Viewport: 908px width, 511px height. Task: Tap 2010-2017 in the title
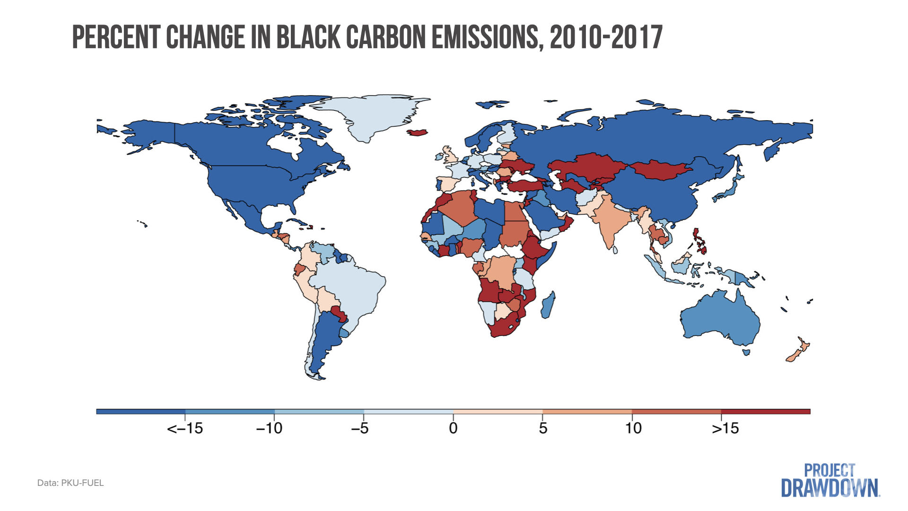tap(606, 37)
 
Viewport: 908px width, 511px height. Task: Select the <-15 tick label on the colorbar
tap(185, 429)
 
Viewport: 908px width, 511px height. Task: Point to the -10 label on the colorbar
tap(269, 429)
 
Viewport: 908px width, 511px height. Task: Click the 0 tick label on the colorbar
tap(453, 429)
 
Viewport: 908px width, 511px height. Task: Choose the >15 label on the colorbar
tap(725, 429)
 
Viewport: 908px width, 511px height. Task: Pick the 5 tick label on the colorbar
tap(543, 429)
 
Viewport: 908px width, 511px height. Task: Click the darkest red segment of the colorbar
tap(766, 412)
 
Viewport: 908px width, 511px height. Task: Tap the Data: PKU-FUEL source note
tap(70, 483)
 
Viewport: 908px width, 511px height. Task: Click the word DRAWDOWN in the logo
tap(830, 489)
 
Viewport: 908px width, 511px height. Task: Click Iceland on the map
tap(417, 132)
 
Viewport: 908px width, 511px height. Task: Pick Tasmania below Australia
tap(746, 352)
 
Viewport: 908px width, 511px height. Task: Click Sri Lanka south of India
tap(615, 249)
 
